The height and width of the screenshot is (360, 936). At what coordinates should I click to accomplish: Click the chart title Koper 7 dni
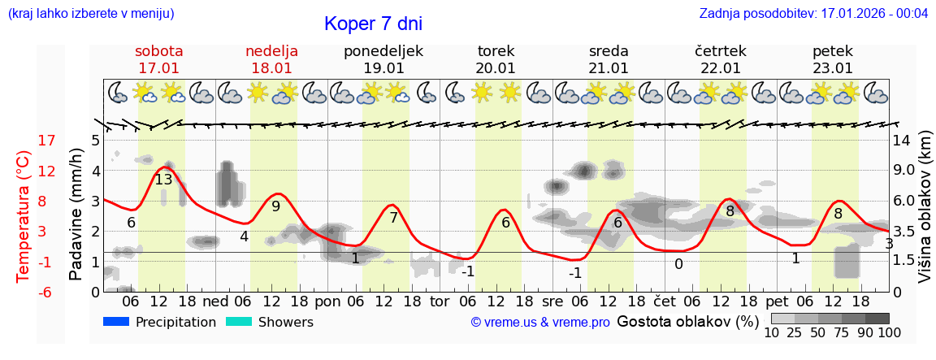(373, 24)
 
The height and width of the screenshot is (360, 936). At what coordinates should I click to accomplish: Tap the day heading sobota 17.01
(159, 59)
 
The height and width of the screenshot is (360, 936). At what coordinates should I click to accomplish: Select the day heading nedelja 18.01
(271, 59)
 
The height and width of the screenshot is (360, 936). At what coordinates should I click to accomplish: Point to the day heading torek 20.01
(496, 59)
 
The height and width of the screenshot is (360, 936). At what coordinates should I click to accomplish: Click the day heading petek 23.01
(832, 59)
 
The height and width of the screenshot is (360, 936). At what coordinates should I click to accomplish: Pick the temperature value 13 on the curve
(163, 180)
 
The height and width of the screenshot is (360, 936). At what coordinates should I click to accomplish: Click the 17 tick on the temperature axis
(47, 141)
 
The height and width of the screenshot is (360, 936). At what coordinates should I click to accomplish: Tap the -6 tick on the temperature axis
(47, 292)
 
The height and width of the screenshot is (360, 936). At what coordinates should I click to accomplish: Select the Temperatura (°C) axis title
(24, 215)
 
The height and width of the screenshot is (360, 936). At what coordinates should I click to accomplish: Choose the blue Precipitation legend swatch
(116, 322)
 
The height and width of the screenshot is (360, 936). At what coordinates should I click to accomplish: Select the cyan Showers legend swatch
(239, 322)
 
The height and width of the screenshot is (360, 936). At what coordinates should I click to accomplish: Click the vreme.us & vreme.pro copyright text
(540, 323)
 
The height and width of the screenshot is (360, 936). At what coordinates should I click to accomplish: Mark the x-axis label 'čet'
(665, 301)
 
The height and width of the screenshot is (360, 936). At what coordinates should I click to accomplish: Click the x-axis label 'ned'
(214, 301)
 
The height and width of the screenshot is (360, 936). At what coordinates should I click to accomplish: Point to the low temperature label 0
(678, 264)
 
